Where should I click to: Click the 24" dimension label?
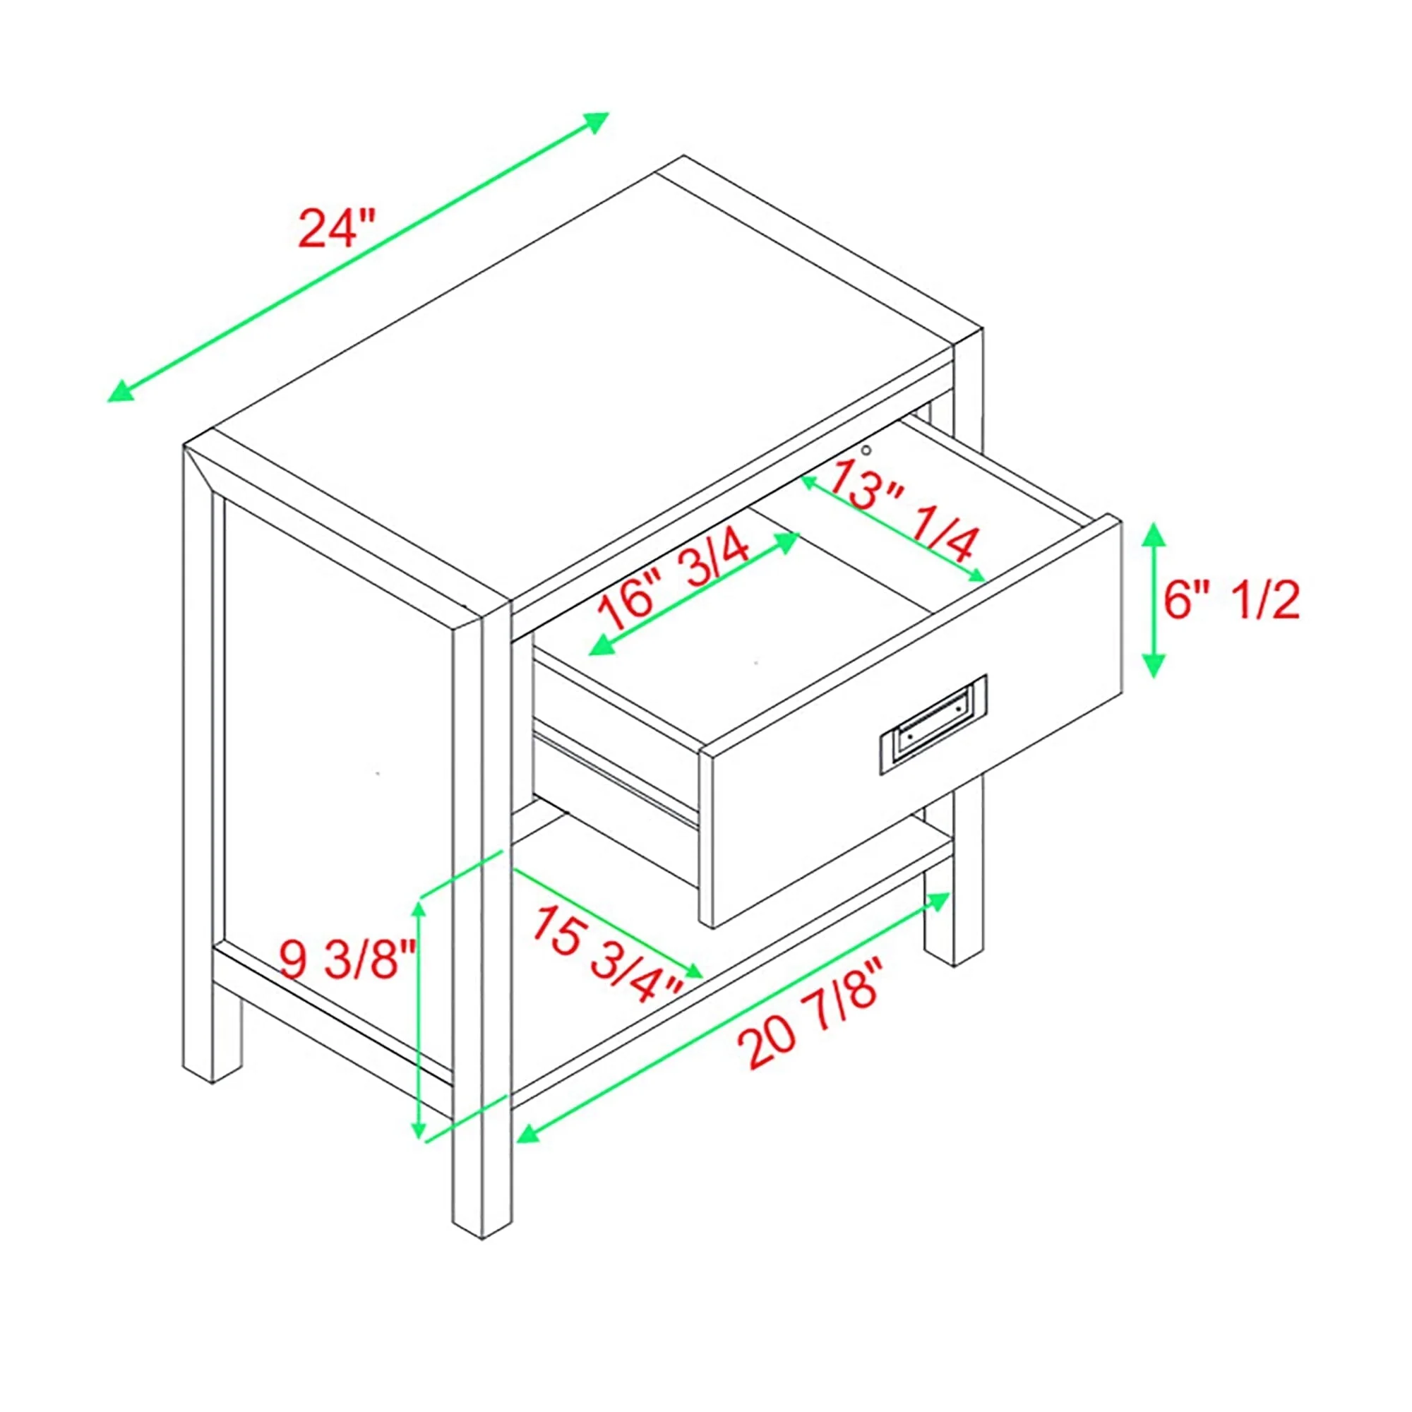tap(337, 228)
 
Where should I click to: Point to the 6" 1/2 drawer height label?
tap(1231, 601)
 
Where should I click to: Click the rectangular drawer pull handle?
tap(933, 724)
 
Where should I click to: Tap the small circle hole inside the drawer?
tap(866, 450)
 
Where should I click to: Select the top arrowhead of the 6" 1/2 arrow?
tap(1154, 535)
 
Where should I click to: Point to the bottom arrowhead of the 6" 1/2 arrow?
tap(1154, 666)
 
